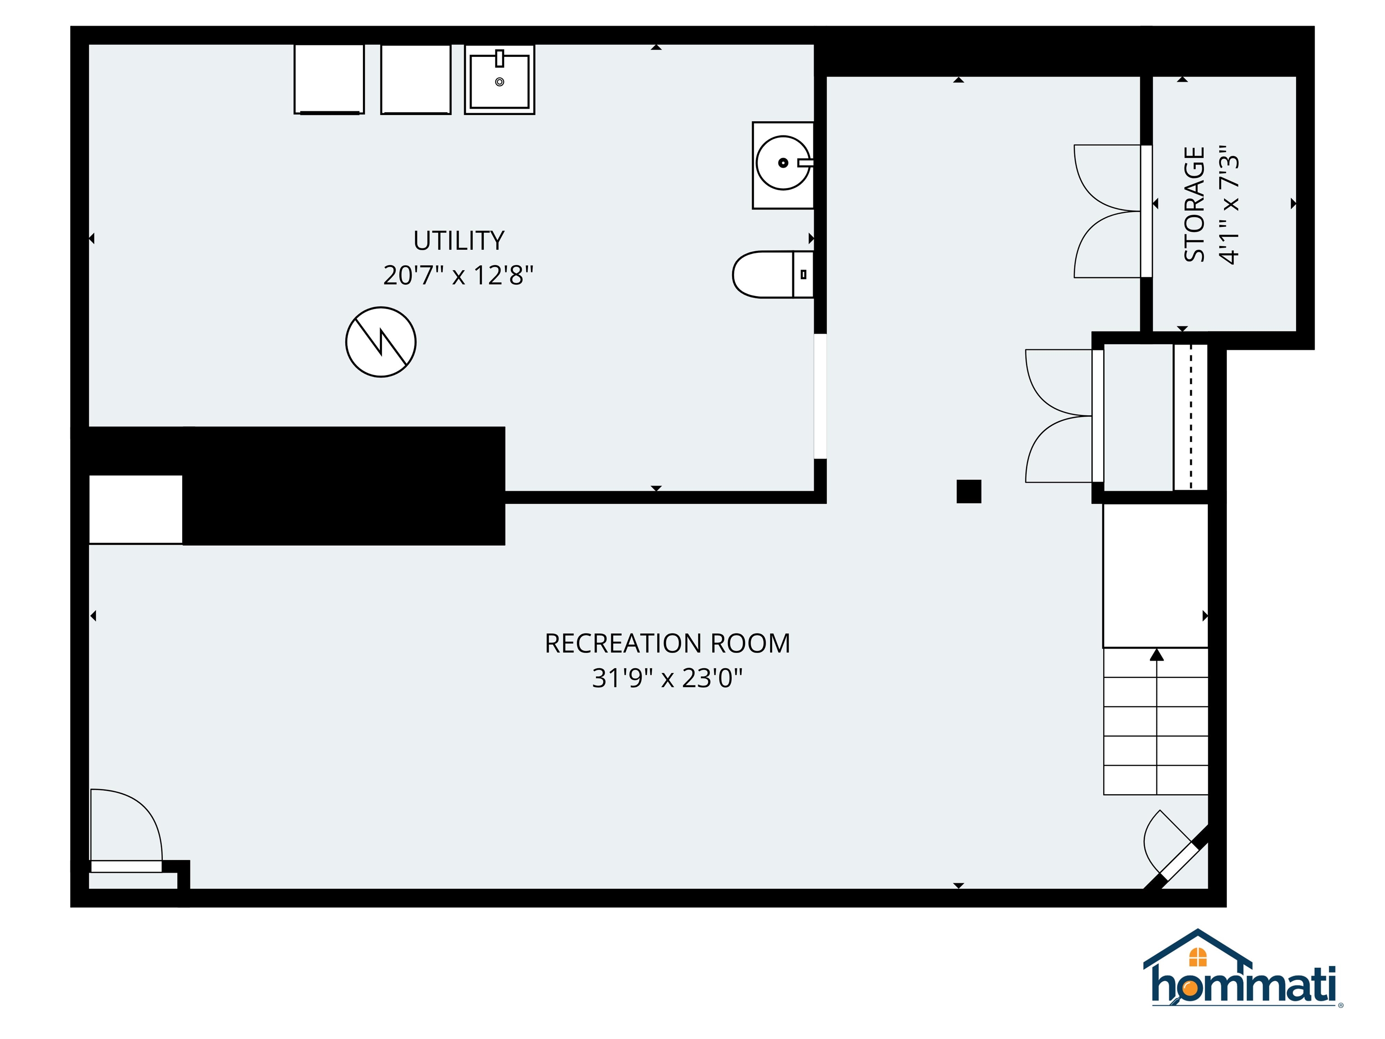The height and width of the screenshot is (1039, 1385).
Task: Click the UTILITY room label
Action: [x=459, y=240]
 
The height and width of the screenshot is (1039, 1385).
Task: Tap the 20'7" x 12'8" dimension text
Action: [x=459, y=275]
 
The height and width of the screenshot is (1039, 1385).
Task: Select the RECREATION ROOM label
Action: [x=667, y=643]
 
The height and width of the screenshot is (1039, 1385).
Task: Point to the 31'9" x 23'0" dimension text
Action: [x=667, y=678]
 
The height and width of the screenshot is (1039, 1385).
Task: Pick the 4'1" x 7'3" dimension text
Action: [x=1229, y=204]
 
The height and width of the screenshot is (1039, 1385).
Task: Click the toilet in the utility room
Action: [x=771, y=274]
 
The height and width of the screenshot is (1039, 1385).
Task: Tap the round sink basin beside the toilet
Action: [x=782, y=163]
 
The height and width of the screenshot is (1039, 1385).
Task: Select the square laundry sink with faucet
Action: [x=499, y=79]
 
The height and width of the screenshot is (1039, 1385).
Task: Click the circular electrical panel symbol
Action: [x=381, y=342]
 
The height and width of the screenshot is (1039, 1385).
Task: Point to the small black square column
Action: [x=968, y=492]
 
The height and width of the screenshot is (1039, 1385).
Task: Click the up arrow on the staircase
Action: [x=1156, y=655]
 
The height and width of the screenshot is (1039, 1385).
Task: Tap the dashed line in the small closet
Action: [x=1190, y=417]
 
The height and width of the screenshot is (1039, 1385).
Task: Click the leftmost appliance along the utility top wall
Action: [x=329, y=79]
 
